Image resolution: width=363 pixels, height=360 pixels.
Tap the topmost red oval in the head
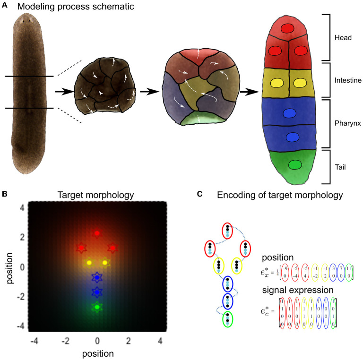point(287,28)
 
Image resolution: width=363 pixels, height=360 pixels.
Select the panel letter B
point(4,194)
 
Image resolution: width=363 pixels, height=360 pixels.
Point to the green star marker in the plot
point(97,307)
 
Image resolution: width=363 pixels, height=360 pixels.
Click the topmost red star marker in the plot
point(97,233)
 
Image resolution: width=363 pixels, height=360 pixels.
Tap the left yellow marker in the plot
point(88,262)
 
